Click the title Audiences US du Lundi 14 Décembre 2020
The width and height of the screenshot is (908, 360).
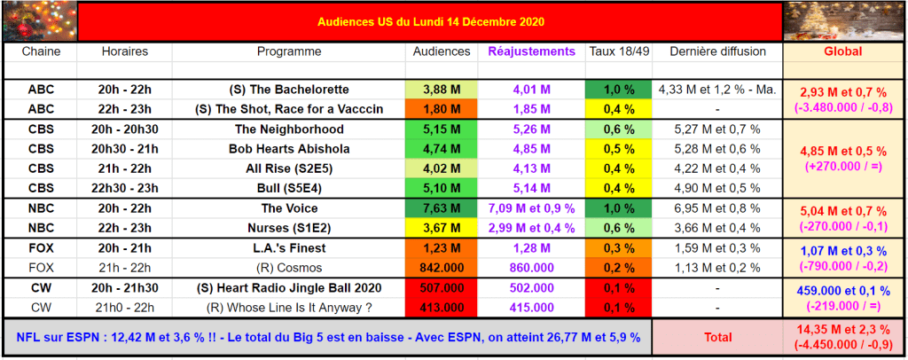430,20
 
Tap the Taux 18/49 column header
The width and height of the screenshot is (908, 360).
620,51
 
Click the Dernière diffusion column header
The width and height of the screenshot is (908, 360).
718,51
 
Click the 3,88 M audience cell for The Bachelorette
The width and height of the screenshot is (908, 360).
442,90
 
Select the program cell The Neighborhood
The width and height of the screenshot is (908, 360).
290,129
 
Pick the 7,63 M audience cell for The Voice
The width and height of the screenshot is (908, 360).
442,208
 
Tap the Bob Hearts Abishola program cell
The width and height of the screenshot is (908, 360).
290,148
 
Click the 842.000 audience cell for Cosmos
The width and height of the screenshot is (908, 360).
442,267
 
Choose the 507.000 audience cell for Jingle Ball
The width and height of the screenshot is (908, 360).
442,287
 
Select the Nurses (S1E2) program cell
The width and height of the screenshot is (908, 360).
290,227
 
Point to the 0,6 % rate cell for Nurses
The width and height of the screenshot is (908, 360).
620,227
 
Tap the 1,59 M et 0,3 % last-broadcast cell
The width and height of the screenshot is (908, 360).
718,247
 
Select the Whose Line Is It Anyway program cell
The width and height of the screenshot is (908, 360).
290,306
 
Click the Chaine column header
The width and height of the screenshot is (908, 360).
40,51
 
